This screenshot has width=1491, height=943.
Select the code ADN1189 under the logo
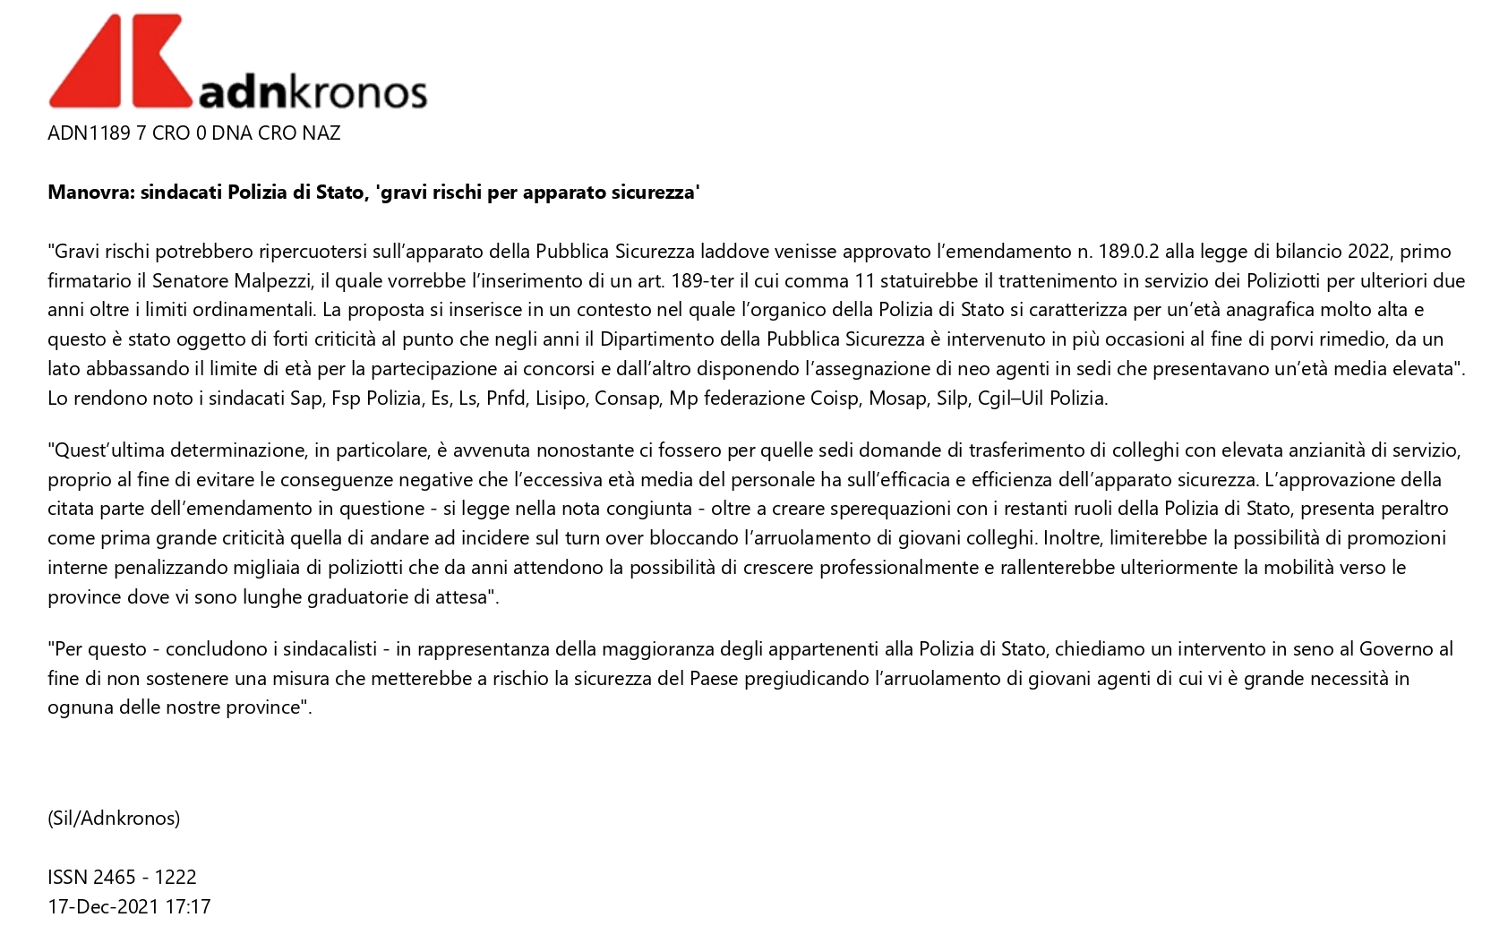coord(88,133)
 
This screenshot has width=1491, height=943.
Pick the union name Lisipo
coord(561,399)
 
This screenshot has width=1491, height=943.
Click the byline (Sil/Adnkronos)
coord(114,819)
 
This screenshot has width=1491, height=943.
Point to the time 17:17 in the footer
coord(188,907)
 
